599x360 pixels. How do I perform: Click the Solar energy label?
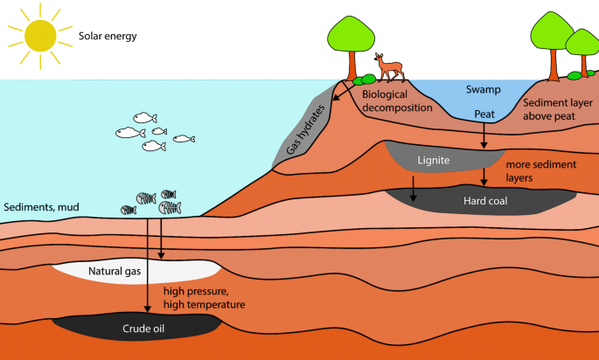click(108, 38)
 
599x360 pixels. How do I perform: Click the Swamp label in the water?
click(483, 90)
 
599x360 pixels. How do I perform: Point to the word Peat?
click(484, 114)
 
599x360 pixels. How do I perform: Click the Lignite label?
click(434, 161)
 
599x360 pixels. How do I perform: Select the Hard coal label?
click(484, 200)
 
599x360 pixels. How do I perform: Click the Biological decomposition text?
click(397, 100)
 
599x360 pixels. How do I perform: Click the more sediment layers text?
click(533, 170)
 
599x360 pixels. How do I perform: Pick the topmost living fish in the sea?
click(145, 117)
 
